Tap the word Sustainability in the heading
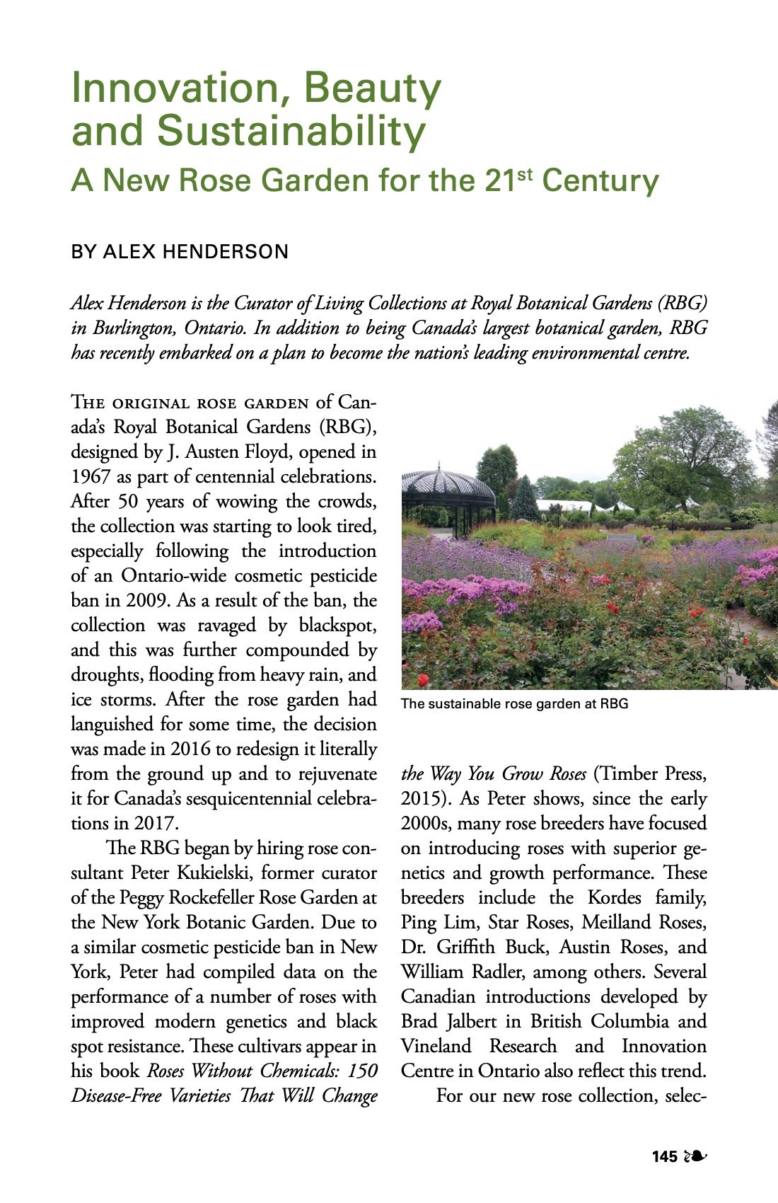click(291, 132)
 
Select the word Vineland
click(436, 1047)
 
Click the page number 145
click(665, 1157)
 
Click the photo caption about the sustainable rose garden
click(514, 704)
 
